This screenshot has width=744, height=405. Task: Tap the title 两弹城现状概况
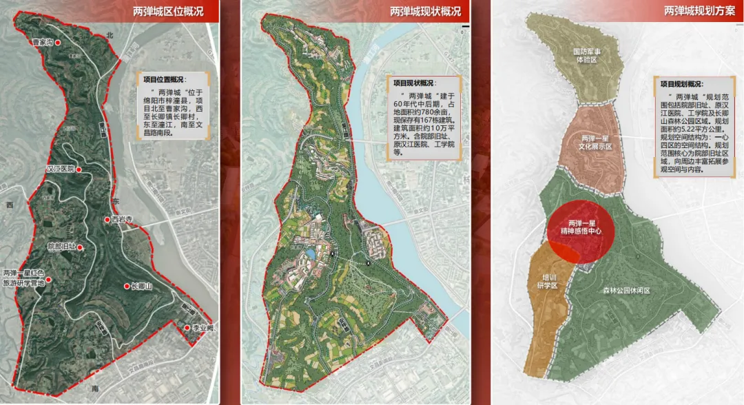[425, 10]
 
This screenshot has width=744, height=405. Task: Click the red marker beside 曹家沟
[58, 42]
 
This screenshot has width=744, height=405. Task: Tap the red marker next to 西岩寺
[107, 220]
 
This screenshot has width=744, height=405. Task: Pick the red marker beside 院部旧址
[80, 247]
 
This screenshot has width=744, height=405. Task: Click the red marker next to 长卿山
[127, 286]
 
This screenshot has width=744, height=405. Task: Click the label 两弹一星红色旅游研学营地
[23, 278]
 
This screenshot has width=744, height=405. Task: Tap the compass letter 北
[108, 34]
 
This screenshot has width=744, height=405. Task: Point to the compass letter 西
[10, 205]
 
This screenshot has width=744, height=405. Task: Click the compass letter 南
[95, 388]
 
